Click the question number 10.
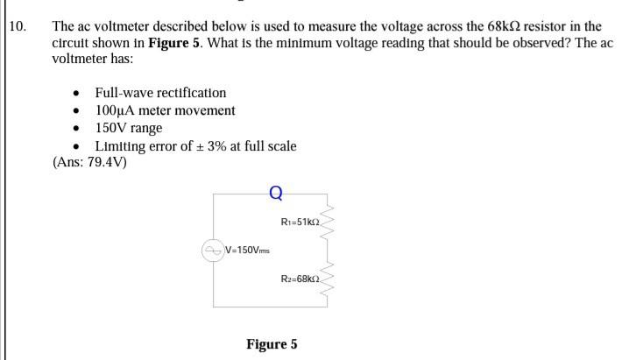click(20, 27)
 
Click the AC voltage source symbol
click(214, 251)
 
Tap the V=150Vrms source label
click(248, 251)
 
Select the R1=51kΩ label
click(300, 222)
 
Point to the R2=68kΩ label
click(300, 277)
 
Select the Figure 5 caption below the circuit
click(272, 344)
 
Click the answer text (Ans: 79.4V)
click(90, 162)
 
